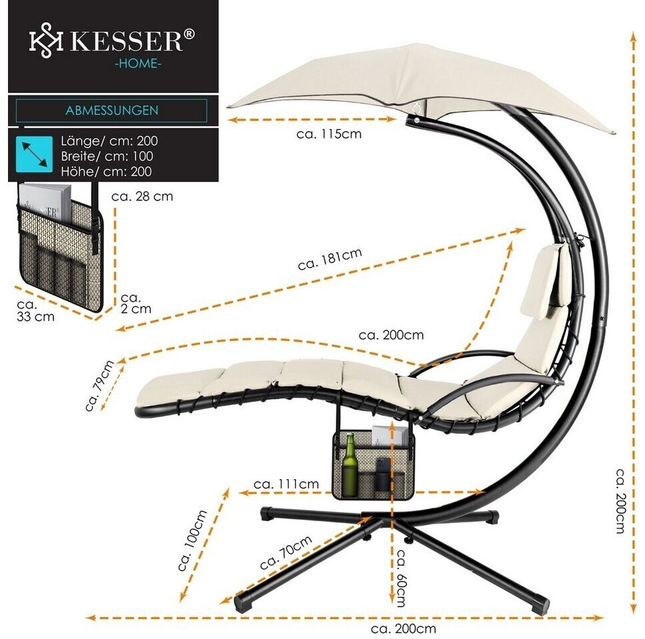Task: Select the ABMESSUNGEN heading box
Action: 111,110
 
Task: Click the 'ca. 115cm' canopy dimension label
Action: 328,134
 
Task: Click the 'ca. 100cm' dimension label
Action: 193,540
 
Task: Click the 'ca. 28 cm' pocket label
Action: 142,196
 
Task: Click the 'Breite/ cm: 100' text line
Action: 107,156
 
